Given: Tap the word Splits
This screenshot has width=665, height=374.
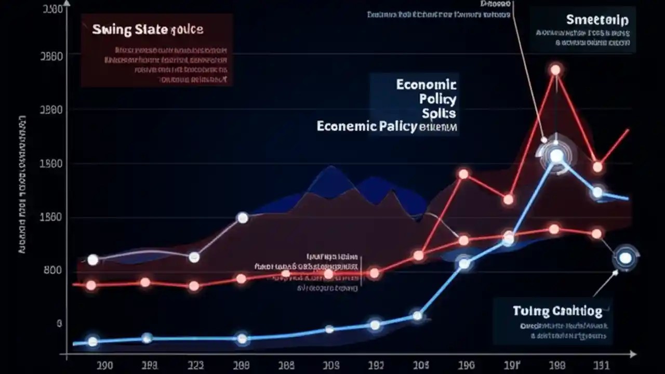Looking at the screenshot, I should point(440,113).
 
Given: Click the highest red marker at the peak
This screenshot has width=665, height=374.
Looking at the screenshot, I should point(555,70).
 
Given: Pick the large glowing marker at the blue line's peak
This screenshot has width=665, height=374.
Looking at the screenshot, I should point(556,155).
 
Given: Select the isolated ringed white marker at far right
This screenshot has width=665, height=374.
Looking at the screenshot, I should point(626,258).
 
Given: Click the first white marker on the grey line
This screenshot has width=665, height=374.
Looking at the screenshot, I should point(93,260).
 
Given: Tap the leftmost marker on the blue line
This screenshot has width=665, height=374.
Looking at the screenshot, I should point(93,341).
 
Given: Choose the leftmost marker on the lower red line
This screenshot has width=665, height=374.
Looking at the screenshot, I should point(91,285).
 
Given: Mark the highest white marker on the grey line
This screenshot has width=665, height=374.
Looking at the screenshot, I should point(242,218).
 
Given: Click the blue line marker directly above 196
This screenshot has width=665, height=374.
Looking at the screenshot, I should point(464,264).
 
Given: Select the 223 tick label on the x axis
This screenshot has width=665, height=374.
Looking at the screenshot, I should point(195,365).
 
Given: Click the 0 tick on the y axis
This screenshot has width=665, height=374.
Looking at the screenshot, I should point(59,323).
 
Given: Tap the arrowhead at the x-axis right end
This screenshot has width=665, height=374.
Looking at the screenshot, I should point(633,354).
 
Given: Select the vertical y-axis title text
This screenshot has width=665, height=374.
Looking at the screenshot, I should point(23,184).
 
